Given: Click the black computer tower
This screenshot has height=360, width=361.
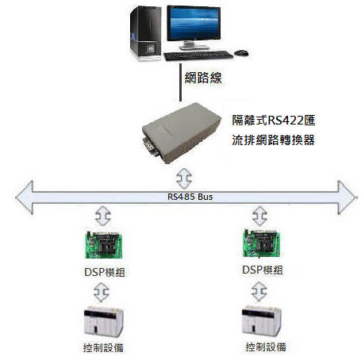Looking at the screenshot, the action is [145, 33].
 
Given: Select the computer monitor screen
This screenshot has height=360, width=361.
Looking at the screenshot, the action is [194, 23].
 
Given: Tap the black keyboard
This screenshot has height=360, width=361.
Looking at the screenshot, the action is [198, 56].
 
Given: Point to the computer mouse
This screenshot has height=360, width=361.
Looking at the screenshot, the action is [241, 52].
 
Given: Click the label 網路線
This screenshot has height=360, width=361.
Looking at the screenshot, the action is [203, 78].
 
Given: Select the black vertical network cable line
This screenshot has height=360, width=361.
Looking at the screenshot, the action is [180, 82].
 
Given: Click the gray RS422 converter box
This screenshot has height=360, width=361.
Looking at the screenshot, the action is [182, 132].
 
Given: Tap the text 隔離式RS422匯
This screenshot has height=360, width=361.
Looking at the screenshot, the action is [274, 121].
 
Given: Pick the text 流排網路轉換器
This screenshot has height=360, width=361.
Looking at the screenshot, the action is [274, 140].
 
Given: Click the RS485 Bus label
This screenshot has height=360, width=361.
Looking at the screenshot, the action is [190, 197].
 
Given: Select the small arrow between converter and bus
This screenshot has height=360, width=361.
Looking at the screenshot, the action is [184, 178].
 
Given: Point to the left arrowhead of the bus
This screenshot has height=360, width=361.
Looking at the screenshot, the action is [25, 197].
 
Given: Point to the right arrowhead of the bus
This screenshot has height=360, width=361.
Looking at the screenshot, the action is [347, 197].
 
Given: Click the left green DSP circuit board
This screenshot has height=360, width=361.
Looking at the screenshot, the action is [104, 245].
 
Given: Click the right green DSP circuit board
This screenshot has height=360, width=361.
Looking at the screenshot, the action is [261, 243].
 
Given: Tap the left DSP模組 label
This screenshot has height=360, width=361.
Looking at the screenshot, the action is [105, 272].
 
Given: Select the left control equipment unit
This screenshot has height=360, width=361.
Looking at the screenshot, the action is [103, 322].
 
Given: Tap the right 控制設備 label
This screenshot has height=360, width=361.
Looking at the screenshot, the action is [266, 347].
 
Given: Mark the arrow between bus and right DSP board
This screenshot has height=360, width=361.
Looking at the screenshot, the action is [260, 216].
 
